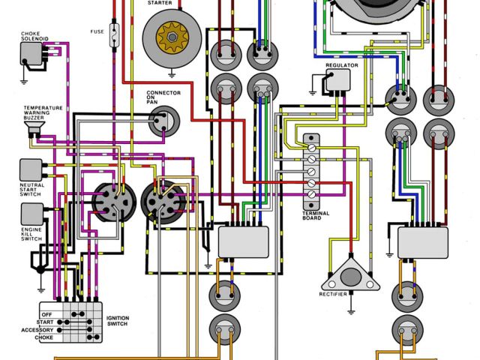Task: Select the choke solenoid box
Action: (x=32, y=53)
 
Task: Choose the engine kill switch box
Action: (x=30, y=214)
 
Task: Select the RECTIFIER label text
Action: (x=334, y=294)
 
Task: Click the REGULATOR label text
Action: (x=341, y=65)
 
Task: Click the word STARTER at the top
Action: (x=172, y=3)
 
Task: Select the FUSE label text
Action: (x=97, y=31)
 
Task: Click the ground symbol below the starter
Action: (x=172, y=73)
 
